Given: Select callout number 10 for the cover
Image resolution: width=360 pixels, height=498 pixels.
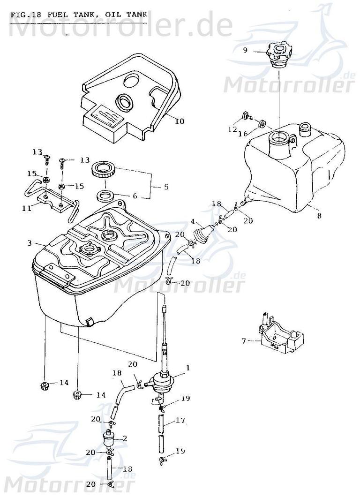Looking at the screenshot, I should pyautogui.click(x=180, y=121).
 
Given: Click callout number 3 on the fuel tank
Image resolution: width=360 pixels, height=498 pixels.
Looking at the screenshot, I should pyautogui.click(x=30, y=243).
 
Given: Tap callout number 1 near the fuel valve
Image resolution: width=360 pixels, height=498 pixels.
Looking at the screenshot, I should pyautogui.click(x=187, y=369).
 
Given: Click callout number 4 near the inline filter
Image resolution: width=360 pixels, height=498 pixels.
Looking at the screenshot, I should pyautogui.click(x=192, y=222).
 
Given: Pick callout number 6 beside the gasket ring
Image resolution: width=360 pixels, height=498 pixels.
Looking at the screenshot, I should pyautogui.click(x=135, y=196).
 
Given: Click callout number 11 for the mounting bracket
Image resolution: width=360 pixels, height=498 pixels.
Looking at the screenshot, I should pyautogui.click(x=28, y=207).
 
